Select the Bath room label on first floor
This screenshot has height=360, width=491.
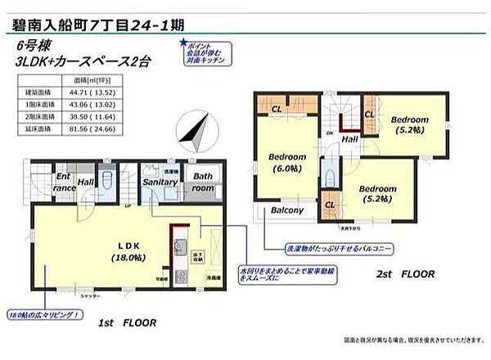click(202, 182)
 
